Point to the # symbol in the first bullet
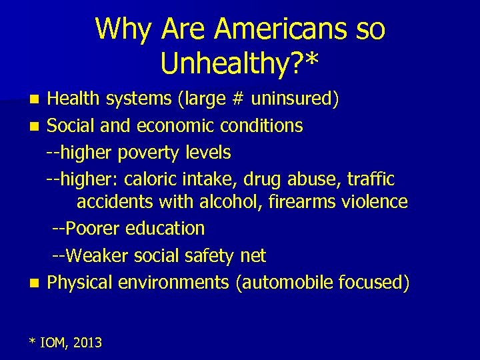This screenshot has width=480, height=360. [239, 99]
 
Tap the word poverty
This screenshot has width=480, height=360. [147, 153]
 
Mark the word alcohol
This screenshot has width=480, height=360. [233, 201]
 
